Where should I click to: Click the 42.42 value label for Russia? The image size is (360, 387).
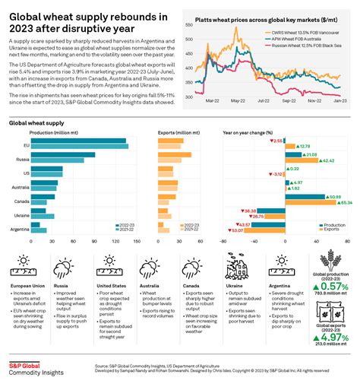click(327, 160)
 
